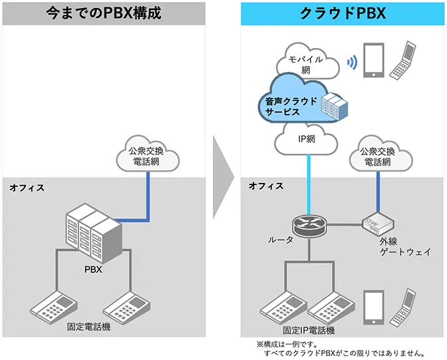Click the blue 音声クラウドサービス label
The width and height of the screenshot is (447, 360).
tap(285, 107)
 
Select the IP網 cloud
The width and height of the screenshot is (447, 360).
tap(308, 140)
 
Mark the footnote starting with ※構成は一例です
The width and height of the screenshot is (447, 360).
tap(340, 349)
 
